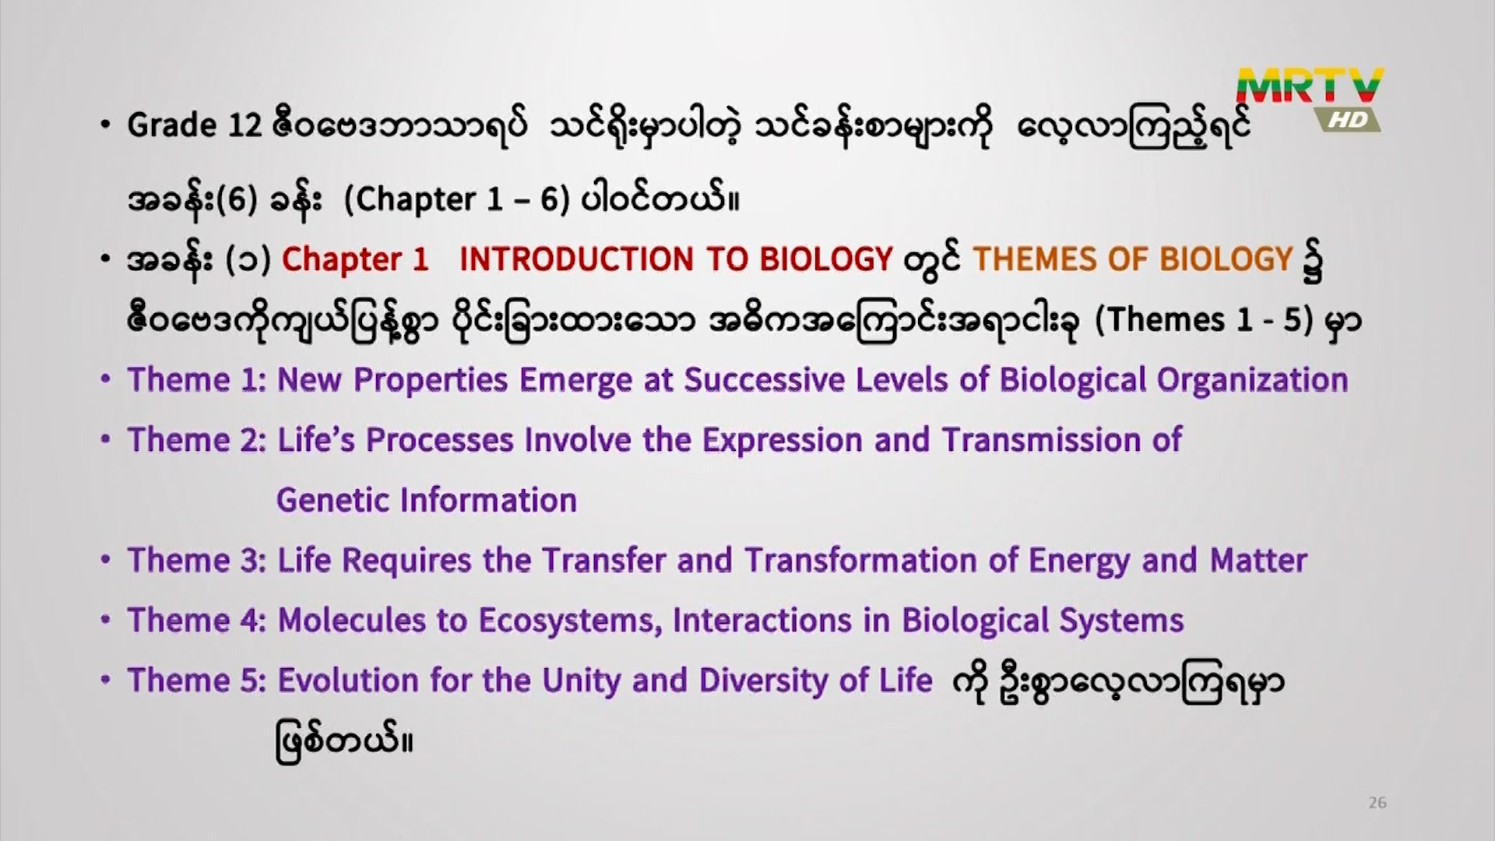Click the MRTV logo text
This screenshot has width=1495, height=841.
pos(1310,86)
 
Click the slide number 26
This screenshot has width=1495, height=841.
pos(1377,803)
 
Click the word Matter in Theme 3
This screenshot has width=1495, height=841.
pos(1258,560)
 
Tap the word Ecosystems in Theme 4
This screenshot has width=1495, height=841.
pos(570,621)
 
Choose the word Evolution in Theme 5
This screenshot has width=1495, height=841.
pos(348,680)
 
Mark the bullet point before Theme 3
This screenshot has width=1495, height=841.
pos(106,560)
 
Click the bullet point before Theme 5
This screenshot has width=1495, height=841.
pos(106,680)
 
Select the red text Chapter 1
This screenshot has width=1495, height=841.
pos(355,260)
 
